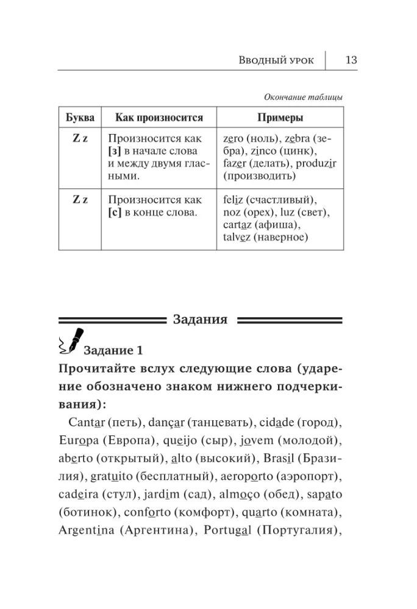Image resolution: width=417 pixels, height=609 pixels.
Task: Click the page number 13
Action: pos(351,60)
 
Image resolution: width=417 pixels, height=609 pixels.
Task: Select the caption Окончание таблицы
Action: pos(303,97)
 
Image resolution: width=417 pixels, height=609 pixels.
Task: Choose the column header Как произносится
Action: pos(155,118)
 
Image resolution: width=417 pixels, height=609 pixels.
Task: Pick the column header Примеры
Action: pos(280,118)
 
